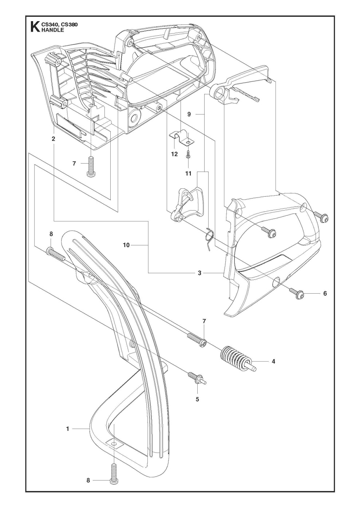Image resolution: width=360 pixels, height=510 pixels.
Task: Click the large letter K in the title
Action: click(34, 27)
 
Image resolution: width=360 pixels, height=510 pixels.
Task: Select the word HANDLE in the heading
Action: click(54, 30)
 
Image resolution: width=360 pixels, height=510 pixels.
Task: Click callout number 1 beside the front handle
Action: click(67, 429)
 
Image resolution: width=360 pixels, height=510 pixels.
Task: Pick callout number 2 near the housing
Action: click(54, 139)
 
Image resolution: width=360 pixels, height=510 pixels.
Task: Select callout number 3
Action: click(199, 273)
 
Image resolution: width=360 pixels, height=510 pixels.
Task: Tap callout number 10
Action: click(126, 246)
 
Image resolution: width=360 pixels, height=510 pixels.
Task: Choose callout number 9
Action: click(189, 114)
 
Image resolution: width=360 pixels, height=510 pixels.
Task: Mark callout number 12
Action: click(174, 154)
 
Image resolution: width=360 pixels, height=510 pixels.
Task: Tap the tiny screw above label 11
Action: click(188, 154)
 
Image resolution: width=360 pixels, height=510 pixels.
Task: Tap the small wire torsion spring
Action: click(209, 237)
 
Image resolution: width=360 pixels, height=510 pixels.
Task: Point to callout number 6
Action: click(325, 293)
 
